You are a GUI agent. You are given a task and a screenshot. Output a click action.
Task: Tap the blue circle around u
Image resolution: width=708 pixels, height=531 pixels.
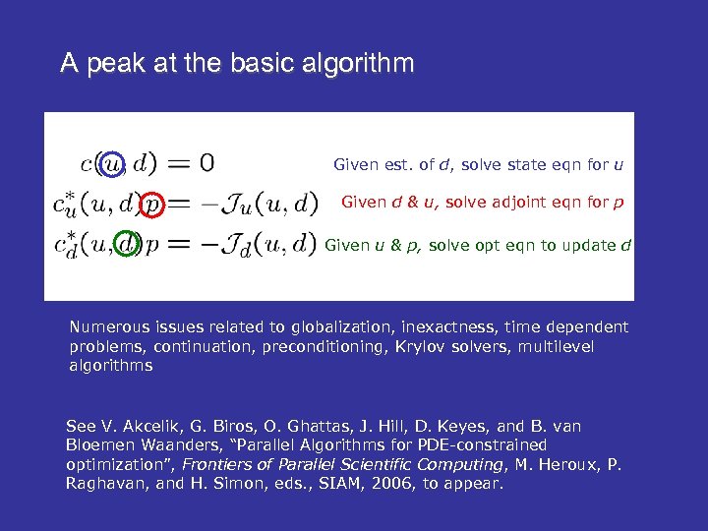click(x=114, y=161)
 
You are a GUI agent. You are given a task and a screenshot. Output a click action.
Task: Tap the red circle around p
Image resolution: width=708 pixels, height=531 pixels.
click(x=151, y=204)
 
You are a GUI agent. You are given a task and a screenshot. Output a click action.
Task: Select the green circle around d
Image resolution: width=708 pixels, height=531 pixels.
click(x=127, y=243)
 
